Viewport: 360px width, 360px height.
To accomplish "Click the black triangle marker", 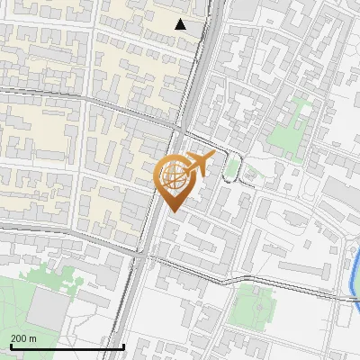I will coord(181,24).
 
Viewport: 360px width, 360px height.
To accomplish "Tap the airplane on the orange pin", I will coord(201,163).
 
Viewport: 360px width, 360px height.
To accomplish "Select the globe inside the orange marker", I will coord(173,175).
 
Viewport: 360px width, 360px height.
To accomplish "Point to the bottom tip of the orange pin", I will coord(173,212).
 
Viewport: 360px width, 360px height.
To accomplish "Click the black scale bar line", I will coord(67,346).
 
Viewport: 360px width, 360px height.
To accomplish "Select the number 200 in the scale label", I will coord(18,337).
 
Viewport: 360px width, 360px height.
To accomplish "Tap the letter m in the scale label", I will coord(32,337).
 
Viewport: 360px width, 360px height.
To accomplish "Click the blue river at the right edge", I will coord(352,270).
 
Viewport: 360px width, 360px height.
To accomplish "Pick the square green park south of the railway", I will coord(251,306).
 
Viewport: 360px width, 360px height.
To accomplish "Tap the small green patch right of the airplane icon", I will coord(233,166).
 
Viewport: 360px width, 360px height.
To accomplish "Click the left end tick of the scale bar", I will coord(10,346).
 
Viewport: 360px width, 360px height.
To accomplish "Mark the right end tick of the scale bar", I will coord(123,346).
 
